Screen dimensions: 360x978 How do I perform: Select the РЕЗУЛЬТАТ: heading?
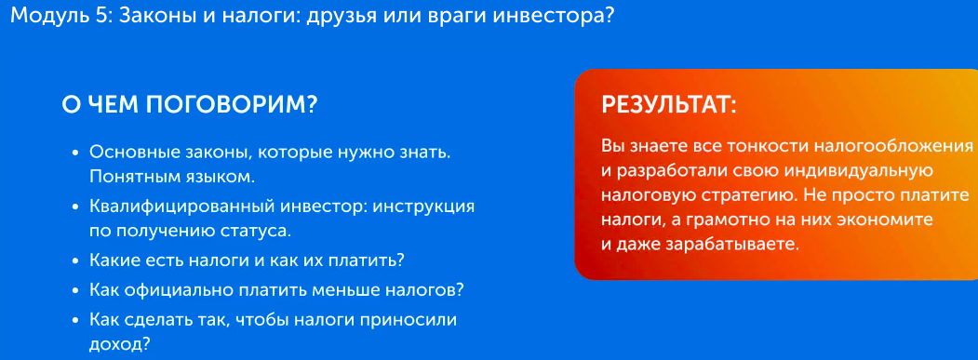pyautogui.click(x=669, y=105)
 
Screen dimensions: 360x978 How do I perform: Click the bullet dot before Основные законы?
pyautogui.click(x=74, y=152)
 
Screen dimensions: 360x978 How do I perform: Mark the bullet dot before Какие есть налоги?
pyautogui.click(x=74, y=260)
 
